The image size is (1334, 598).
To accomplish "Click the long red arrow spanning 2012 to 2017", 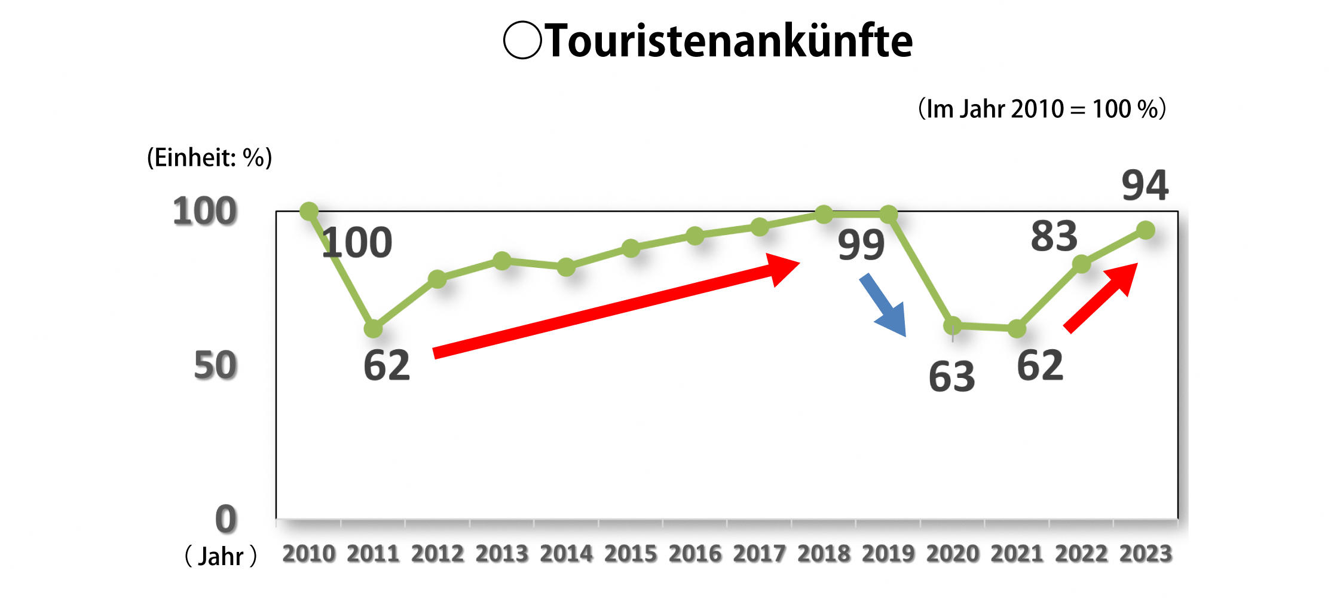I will (616, 306).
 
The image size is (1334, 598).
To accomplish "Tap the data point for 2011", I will (374, 328).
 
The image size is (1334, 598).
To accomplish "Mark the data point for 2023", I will (1146, 230).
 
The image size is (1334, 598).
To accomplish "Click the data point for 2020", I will (953, 326).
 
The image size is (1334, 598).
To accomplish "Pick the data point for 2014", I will (567, 267).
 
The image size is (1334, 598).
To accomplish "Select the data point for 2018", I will (824, 214).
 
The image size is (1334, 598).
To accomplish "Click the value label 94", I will (1145, 185).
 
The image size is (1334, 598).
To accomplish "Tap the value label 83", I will (1054, 237).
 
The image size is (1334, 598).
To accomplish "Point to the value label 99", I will (861, 245).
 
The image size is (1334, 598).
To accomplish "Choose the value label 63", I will (951, 377).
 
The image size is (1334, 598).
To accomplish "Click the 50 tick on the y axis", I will (215, 365).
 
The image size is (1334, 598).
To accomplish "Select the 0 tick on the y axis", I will (226, 519).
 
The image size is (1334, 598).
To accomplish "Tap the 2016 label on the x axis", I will (695, 554).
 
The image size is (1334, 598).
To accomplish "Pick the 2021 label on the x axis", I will (1017, 554).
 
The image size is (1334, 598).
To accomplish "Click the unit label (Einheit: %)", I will (210, 158).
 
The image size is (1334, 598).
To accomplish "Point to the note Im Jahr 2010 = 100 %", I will (1042, 109).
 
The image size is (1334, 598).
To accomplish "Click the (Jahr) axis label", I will (221, 556).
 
